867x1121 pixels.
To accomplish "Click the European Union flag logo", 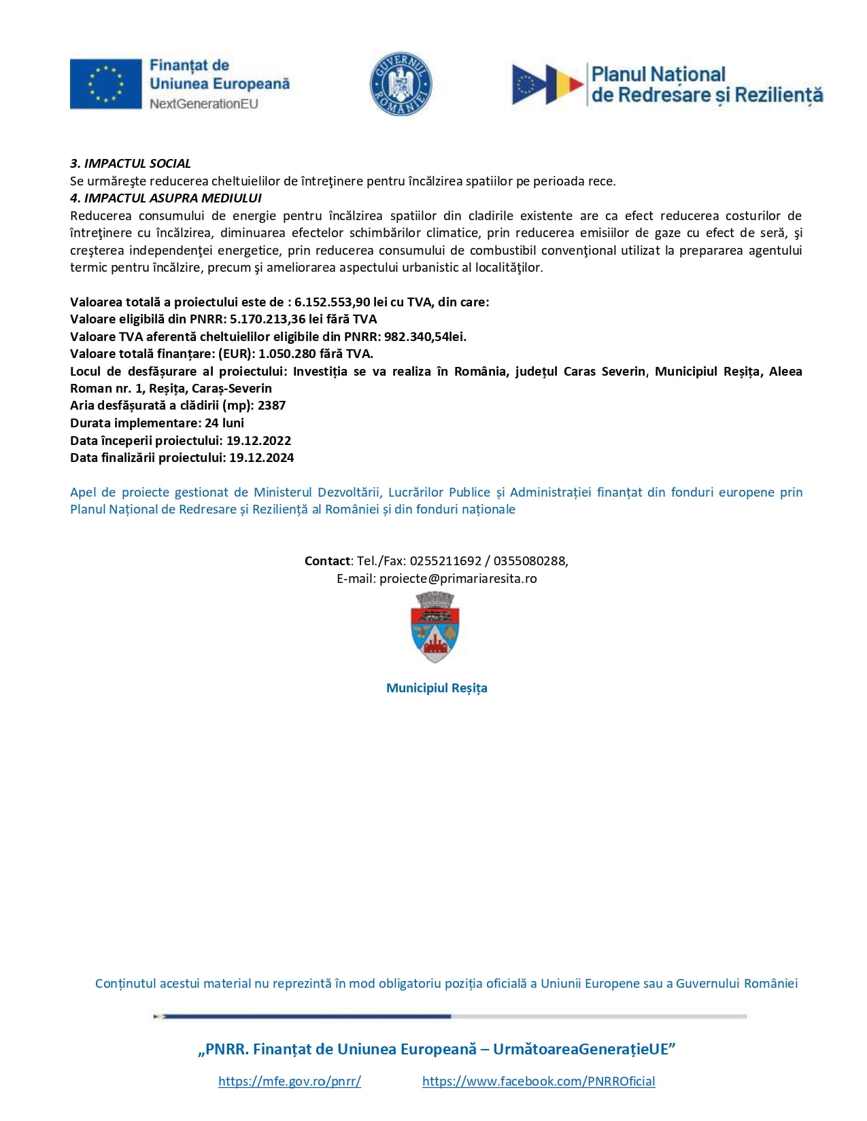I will pyautogui.click(x=105, y=84).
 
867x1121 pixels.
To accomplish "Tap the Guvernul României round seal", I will pyautogui.click(x=401, y=84).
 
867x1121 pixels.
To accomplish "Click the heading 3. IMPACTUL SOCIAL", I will pyautogui.click(x=131, y=164).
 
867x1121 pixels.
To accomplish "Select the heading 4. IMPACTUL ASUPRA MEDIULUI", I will pyautogui.click(x=166, y=198).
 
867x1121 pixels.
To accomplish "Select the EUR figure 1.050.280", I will pyautogui.click(x=287, y=354).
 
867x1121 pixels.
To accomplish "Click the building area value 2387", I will pyautogui.click(x=271, y=406).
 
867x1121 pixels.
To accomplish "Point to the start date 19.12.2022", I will pyautogui.click(x=258, y=441).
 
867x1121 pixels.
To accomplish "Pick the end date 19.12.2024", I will pyautogui.click(x=261, y=458).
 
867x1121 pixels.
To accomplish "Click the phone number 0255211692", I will pyautogui.click(x=445, y=561).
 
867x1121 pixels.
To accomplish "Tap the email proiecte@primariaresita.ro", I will pyautogui.click(x=458, y=579).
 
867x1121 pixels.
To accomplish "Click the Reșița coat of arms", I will pyautogui.click(x=435, y=628).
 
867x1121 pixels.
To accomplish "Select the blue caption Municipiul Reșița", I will pyautogui.click(x=437, y=688).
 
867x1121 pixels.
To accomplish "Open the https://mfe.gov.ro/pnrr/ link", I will pyautogui.click(x=290, y=1082).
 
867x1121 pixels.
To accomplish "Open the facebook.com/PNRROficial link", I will pyautogui.click(x=539, y=1082).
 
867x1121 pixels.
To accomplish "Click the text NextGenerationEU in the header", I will pyautogui.click(x=204, y=104).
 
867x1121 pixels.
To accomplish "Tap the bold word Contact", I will pyautogui.click(x=327, y=561).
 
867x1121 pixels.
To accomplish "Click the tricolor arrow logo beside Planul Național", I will pyautogui.click(x=547, y=84).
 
